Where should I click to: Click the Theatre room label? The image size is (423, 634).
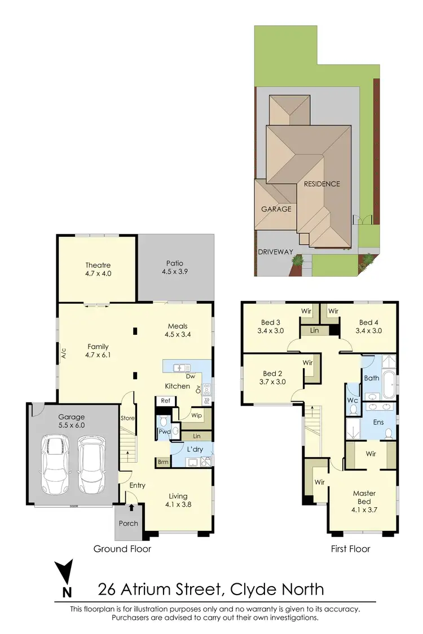[x=98, y=265]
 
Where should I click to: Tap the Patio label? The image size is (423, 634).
[x=175, y=263]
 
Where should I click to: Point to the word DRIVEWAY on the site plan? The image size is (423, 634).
[x=276, y=252]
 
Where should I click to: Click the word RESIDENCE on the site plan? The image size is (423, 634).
[x=322, y=184]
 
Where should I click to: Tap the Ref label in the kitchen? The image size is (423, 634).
[x=166, y=401]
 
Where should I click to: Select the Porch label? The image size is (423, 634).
[x=129, y=523]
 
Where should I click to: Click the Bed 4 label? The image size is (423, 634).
[x=369, y=323]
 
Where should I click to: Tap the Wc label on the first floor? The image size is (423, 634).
[x=353, y=401]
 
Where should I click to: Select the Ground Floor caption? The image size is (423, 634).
[x=122, y=548]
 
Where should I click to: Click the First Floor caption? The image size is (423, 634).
[x=350, y=548]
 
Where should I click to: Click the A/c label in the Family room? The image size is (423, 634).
[x=64, y=354]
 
